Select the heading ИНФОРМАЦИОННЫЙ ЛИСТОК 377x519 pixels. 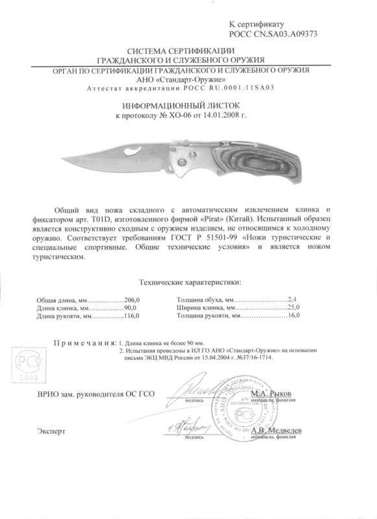tap(182, 104)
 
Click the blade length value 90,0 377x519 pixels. tap(132, 309)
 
